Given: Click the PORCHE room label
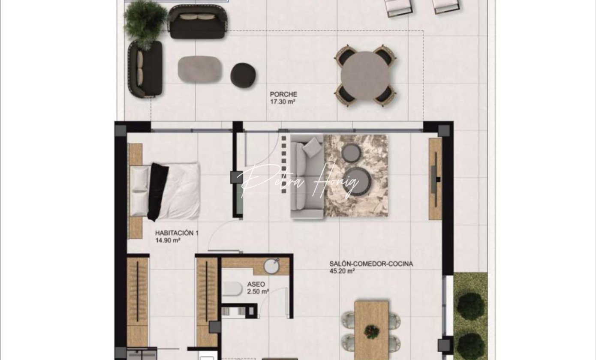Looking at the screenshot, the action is pos(283,94).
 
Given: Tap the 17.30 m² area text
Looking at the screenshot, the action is pos(283,102).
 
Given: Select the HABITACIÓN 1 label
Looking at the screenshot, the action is pos(177,233).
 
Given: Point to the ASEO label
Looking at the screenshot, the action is pos(256,284).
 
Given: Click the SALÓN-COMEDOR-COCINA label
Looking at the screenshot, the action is pos(371,264).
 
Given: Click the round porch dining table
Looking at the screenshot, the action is pos(365,76).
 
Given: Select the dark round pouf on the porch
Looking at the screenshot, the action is pos(243,75).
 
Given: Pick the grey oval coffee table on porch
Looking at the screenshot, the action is pos(199,69).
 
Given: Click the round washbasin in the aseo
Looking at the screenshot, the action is pos(271,266).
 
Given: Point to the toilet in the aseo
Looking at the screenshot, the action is pos(232,289).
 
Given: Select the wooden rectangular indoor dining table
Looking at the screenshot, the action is pos(371,330).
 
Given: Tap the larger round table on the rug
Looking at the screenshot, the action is pos(357,182).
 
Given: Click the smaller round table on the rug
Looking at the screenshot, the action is pos(351,153).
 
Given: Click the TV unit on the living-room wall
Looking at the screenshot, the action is pos(435,179).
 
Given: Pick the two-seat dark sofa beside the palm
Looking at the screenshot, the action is pos(198,22).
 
